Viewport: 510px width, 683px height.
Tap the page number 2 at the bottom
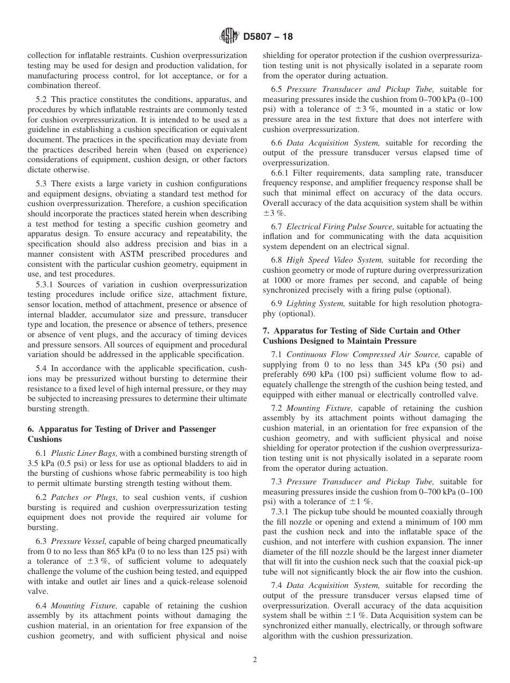[255, 660]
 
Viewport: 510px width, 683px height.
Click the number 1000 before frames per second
[282, 280]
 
